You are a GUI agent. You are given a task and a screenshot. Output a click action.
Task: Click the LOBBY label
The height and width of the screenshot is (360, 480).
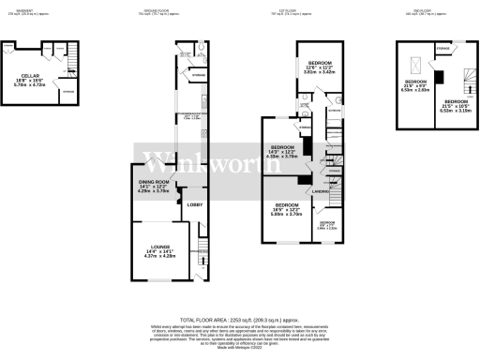194,203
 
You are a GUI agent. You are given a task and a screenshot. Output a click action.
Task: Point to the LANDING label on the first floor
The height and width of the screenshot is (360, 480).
318,193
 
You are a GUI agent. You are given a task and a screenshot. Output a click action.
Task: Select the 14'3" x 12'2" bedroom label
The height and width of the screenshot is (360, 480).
284,148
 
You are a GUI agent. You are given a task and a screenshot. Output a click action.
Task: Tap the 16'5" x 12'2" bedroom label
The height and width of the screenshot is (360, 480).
288,204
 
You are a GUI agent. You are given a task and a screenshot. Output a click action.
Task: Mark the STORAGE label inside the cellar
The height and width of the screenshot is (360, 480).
67,92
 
